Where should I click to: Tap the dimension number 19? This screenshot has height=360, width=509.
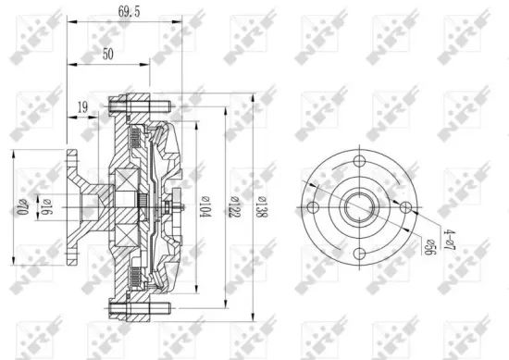point(84,107)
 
